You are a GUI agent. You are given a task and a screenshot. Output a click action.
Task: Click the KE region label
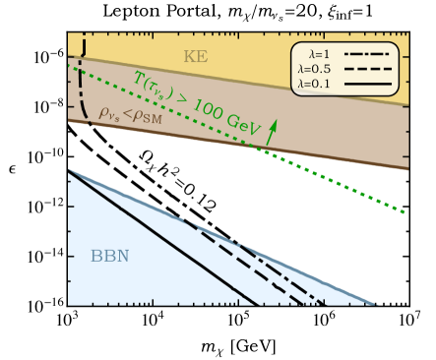(196, 57)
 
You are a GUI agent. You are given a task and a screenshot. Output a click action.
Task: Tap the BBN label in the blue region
(110, 257)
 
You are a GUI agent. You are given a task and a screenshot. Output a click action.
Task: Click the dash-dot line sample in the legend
(375, 55)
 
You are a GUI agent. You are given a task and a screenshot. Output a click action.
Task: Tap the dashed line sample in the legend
(375, 70)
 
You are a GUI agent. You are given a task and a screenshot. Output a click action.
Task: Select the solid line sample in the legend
(375, 85)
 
